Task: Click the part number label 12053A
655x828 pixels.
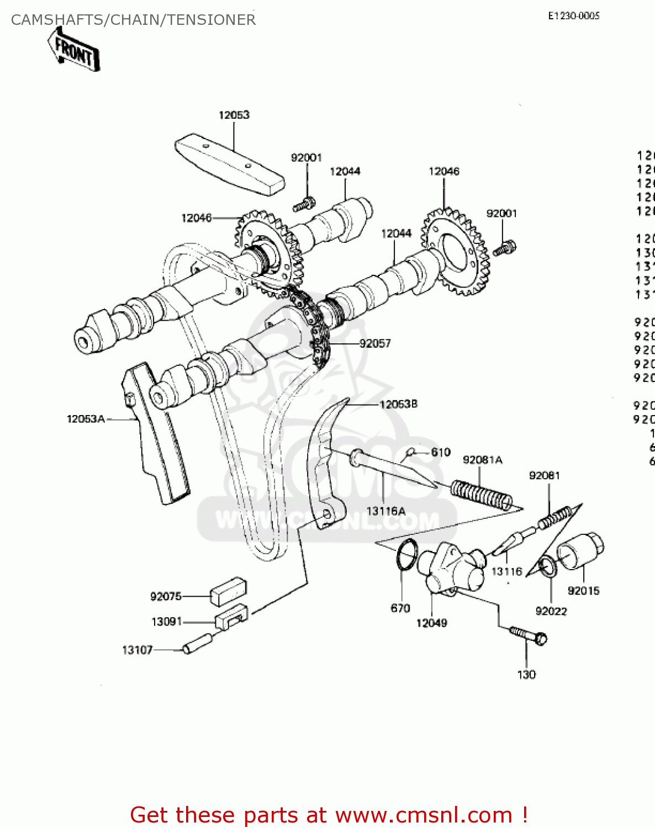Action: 86,419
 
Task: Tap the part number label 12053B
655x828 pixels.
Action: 398,404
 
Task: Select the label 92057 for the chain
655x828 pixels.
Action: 375,343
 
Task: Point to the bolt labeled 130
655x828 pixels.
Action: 527,635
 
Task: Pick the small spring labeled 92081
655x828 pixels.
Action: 554,518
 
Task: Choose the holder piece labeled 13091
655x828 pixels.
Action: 231,615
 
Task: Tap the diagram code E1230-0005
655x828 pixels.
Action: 573,16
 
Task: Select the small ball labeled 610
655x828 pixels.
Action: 410,453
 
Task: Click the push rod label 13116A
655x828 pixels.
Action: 385,511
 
